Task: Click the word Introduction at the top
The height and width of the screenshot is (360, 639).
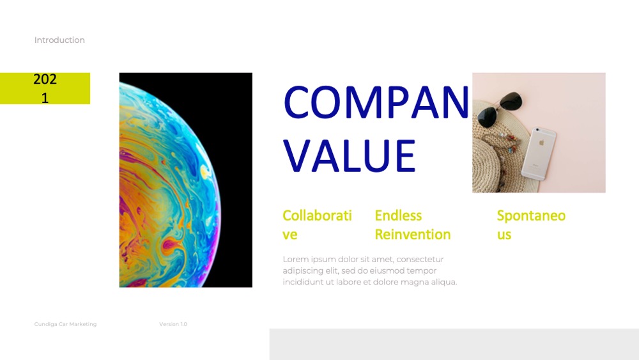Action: [x=59, y=40]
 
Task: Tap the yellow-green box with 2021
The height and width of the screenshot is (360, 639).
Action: [x=45, y=88]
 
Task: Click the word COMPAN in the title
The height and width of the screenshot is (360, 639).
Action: [x=376, y=102]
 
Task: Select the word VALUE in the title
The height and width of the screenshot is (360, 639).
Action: [x=350, y=156]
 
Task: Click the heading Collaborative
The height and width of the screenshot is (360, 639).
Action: [x=317, y=224]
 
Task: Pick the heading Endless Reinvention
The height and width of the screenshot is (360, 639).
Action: [x=412, y=224]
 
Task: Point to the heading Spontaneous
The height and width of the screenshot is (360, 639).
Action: [x=531, y=224]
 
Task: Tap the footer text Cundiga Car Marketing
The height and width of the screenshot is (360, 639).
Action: [x=65, y=324]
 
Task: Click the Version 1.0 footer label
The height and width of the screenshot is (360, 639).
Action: [x=173, y=324]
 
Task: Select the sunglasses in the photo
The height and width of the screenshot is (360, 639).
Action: [x=500, y=109]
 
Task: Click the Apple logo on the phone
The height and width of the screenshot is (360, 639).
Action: [x=542, y=143]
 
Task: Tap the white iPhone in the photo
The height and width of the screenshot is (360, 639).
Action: [x=539, y=153]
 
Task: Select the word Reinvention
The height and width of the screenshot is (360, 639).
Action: [x=412, y=235]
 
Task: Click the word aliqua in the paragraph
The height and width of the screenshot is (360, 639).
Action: [x=444, y=282]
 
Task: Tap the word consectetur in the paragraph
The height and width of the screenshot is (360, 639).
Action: [x=420, y=260]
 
